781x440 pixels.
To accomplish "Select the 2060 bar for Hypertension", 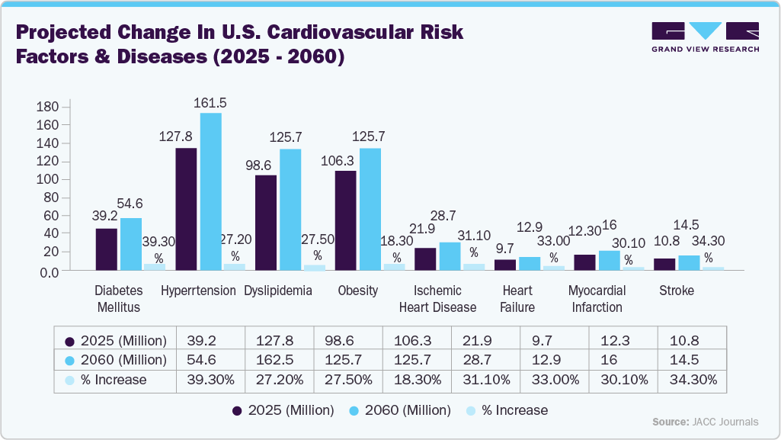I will tap(211, 191).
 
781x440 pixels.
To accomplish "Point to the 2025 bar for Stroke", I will tap(664, 264).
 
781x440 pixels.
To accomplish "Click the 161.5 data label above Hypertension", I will tap(210, 102).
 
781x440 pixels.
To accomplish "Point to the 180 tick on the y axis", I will tap(47, 106).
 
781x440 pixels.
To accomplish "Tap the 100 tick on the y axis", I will tap(47, 179).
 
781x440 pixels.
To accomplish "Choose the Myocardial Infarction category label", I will tap(597, 299).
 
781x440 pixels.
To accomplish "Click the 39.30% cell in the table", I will tap(210, 379).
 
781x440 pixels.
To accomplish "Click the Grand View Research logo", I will tap(705, 37).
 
